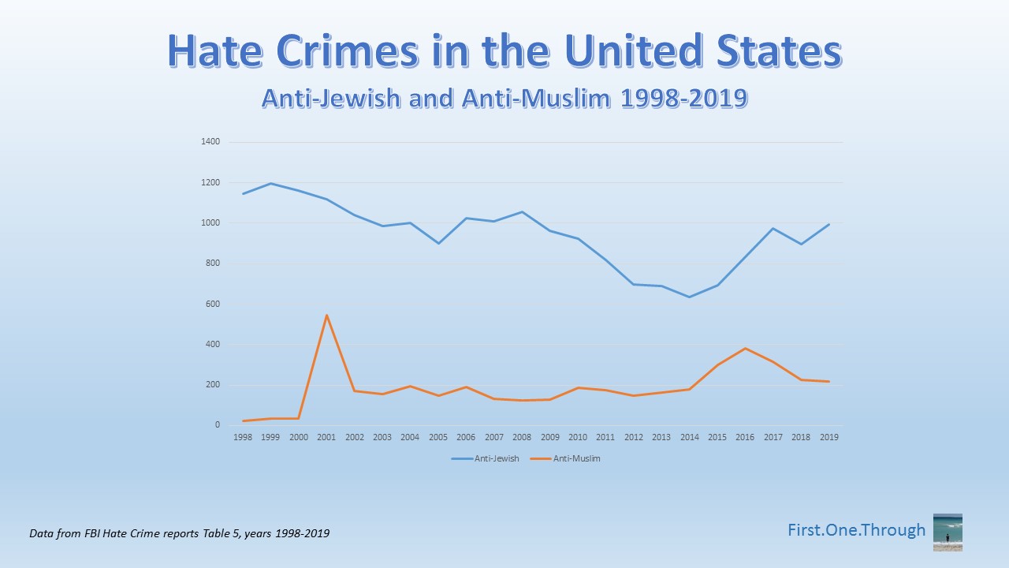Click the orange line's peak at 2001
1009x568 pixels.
(326, 316)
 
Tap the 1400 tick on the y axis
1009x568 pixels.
(210, 142)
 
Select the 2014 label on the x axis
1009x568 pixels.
(690, 437)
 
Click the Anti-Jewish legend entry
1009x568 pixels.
(486, 458)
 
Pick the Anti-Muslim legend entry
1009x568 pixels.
(566, 458)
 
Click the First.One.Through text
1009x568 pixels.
(856, 530)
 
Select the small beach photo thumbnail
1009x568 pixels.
(948, 532)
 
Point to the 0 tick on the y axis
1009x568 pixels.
(217, 425)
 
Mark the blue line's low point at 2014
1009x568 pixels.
(690, 297)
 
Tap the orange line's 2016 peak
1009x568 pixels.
(746, 348)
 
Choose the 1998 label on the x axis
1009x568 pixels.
(242, 437)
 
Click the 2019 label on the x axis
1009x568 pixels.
(829, 437)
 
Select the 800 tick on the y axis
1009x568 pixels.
(213, 263)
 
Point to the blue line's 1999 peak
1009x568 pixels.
(270, 184)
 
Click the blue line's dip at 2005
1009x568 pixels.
(438, 243)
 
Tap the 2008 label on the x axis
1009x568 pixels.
(522, 437)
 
